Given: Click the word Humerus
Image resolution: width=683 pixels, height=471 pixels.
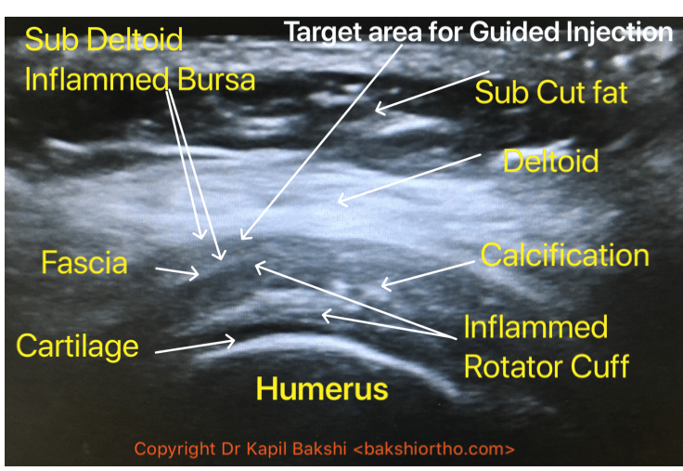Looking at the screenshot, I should [x=321, y=388].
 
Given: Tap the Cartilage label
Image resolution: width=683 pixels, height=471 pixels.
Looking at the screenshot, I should [x=77, y=346].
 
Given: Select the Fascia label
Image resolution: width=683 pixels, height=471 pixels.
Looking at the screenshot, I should [x=84, y=263].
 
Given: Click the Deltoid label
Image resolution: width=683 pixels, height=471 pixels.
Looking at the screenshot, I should [x=550, y=161].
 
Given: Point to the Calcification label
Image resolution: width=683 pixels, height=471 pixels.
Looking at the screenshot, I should [x=564, y=255].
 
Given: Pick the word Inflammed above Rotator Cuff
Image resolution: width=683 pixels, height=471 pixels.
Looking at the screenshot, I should [x=535, y=327].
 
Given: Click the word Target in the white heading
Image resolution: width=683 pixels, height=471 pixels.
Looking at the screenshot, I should [x=320, y=32].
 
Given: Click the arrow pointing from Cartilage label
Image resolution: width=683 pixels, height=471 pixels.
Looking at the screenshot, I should [x=195, y=347].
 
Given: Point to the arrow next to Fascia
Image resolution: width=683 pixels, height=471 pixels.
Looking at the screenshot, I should [x=175, y=271].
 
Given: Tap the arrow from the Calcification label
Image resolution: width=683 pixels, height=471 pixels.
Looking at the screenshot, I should [x=428, y=273].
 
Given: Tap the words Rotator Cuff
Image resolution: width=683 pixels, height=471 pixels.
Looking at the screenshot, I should [x=546, y=366].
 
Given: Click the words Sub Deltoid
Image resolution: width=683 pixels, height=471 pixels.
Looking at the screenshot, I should [x=104, y=39].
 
